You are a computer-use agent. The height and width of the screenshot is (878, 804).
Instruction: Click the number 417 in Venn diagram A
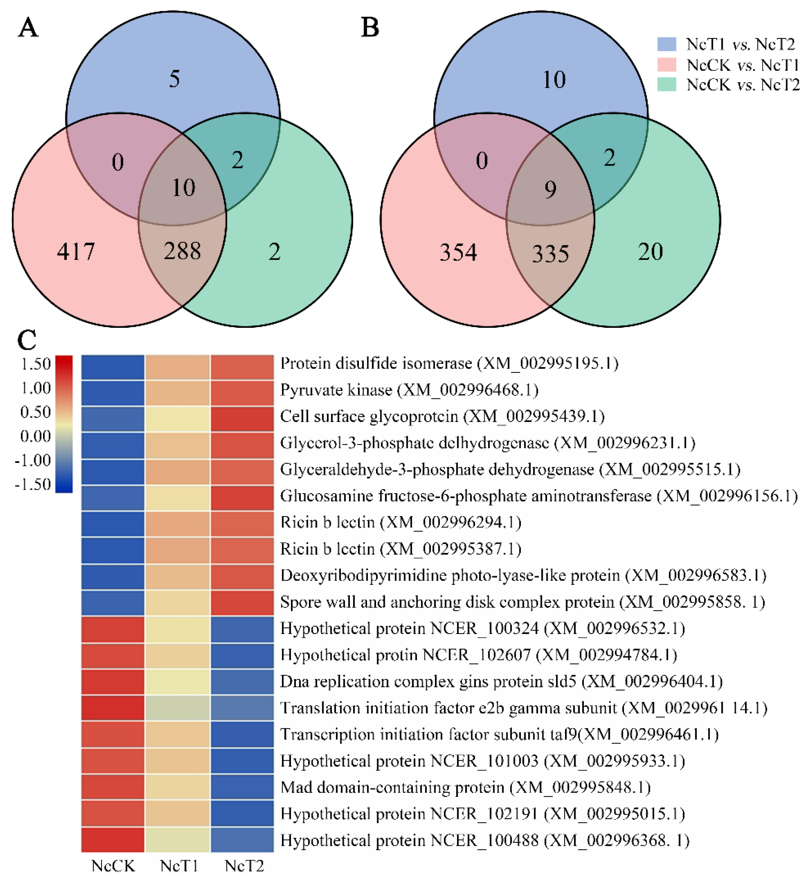tap(76, 252)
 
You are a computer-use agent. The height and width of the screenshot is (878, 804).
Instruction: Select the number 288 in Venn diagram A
tap(182, 251)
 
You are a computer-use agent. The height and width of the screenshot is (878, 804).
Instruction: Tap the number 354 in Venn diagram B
tap(458, 253)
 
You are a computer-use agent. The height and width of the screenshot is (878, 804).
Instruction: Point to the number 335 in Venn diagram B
tap(550, 254)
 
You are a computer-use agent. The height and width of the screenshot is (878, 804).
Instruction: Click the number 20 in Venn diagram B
tap(650, 252)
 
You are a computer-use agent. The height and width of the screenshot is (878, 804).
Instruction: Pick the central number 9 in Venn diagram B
tap(550, 189)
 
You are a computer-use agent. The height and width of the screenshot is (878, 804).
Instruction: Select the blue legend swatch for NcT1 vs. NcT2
tap(666, 44)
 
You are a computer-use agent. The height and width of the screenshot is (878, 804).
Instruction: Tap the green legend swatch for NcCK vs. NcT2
tap(666, 84)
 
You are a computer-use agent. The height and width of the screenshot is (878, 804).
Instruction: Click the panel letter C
tap(27, 340)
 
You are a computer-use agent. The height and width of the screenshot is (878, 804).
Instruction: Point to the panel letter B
tap(370, 28)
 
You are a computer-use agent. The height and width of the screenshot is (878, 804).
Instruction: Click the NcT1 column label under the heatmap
tap(179, 866)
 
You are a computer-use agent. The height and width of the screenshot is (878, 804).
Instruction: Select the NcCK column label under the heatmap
tap(113, 866)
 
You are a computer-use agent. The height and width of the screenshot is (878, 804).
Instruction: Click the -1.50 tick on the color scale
tap(33, 484)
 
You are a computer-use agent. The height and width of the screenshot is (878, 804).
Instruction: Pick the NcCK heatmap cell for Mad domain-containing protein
tap(113, 787)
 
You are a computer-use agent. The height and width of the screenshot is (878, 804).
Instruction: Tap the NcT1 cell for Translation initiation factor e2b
tap(178, 708)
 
